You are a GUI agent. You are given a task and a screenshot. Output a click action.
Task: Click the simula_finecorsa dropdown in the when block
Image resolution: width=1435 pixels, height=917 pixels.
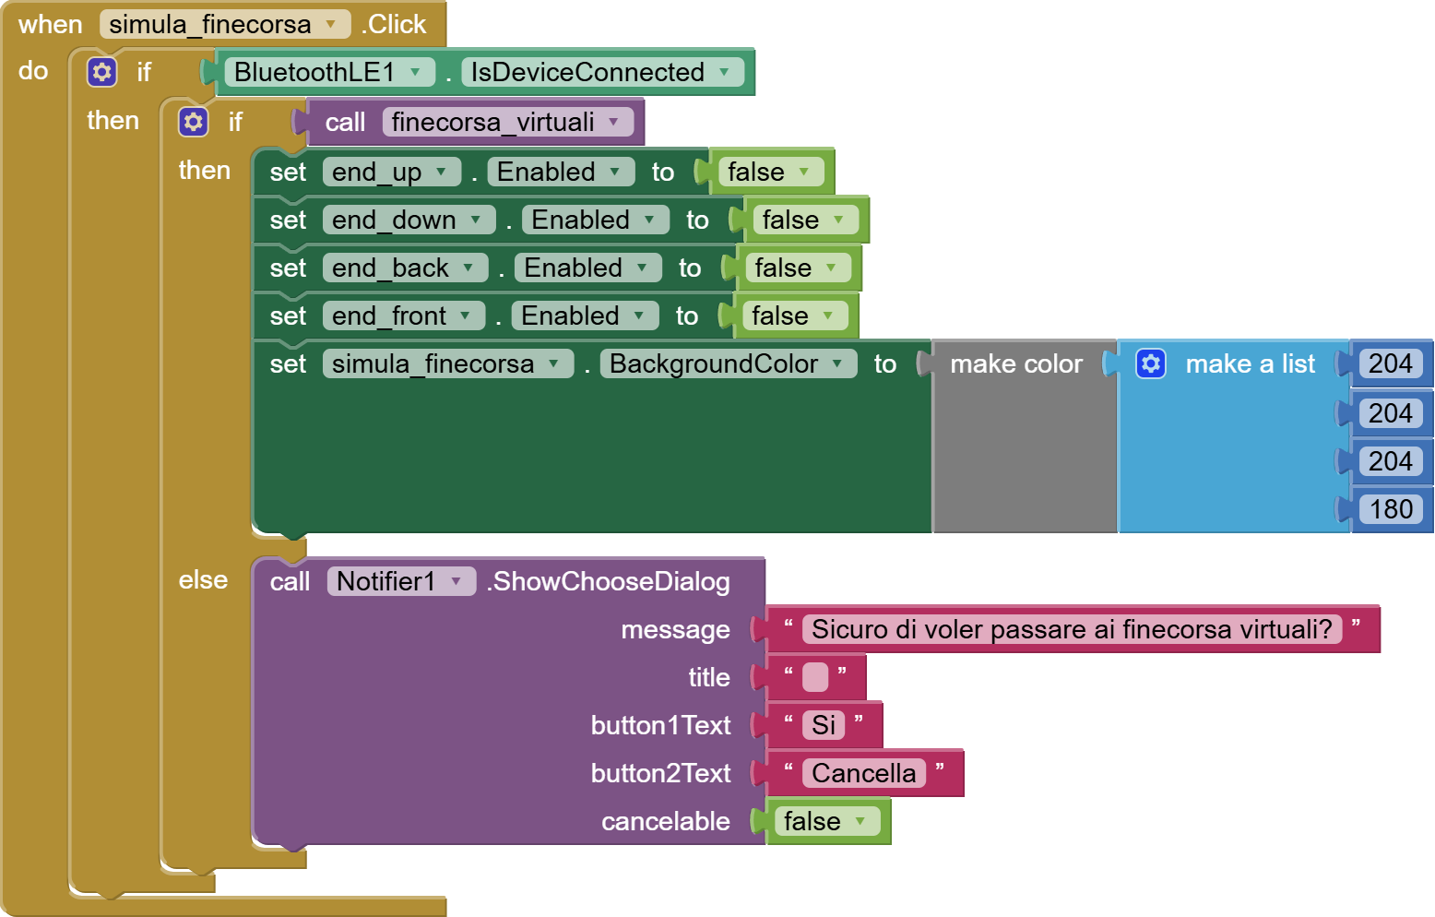tap(224, 25)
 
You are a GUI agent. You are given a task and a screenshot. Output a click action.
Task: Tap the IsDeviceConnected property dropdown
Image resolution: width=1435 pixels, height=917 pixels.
tap(601, 72)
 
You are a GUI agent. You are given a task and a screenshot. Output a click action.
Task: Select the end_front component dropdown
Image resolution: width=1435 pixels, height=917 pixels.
tap(402, 316)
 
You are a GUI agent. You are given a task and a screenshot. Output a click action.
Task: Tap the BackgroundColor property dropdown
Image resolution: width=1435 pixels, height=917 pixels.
tap(727, 363)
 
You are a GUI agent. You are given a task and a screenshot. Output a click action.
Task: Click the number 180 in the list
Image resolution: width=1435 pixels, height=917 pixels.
tap(1391, 509)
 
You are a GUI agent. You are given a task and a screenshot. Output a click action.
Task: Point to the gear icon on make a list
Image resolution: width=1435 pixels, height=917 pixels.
tap(1151, 363)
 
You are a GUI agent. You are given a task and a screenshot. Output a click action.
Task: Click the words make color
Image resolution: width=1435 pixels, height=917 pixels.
tap(1016, 363)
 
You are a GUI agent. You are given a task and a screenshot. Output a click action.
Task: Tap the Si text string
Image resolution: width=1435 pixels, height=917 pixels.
tap(824, 725)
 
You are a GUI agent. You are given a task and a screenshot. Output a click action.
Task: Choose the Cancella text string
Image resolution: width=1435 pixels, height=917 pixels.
tap(864, 773)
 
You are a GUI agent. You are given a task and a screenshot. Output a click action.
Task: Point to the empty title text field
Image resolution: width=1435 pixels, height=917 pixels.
tap(815, 677)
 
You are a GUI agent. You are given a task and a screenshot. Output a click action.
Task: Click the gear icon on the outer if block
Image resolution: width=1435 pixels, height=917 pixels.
tap(102, 72)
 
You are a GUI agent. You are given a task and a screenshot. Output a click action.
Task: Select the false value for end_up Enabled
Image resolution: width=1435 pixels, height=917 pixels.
tap(768, 172)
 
